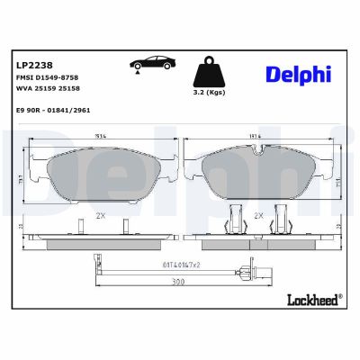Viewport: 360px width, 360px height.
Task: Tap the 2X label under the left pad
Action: pos(99,217)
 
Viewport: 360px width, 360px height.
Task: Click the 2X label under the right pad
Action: pos(258,217)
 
